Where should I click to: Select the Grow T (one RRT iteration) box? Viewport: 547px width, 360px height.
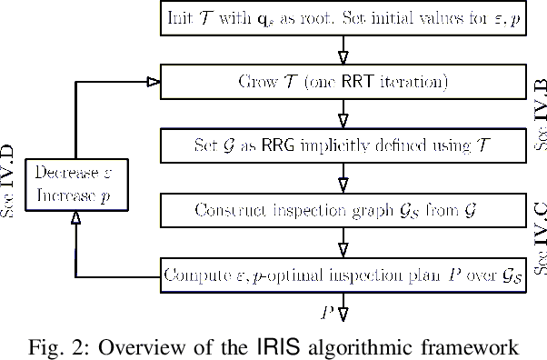click(341, 81)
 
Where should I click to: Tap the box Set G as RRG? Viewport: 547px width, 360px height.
click(341, 145)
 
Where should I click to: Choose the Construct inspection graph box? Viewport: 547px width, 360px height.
click(341, 210)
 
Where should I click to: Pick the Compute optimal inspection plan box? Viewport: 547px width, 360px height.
click(341, 275)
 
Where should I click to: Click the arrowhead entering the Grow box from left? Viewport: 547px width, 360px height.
click(154, 82)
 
